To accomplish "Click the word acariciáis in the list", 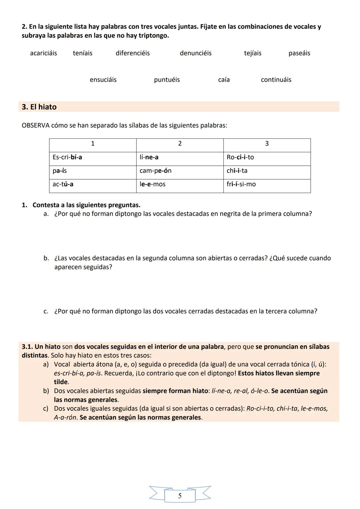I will [43, 53].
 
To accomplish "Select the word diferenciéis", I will [133, 53].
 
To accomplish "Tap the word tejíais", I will [253, 53].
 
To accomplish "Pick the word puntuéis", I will [167, 80].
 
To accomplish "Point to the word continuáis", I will [276, 80].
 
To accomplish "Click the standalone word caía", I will [224, 80].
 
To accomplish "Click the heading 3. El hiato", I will [39, 107].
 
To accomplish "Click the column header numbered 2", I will [180, 144].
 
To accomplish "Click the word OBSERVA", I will [36, 126].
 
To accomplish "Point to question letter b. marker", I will [46, 258].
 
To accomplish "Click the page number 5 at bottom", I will [180, 496].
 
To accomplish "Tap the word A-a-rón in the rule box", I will [65, 418].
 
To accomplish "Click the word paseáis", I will [299, 53].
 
